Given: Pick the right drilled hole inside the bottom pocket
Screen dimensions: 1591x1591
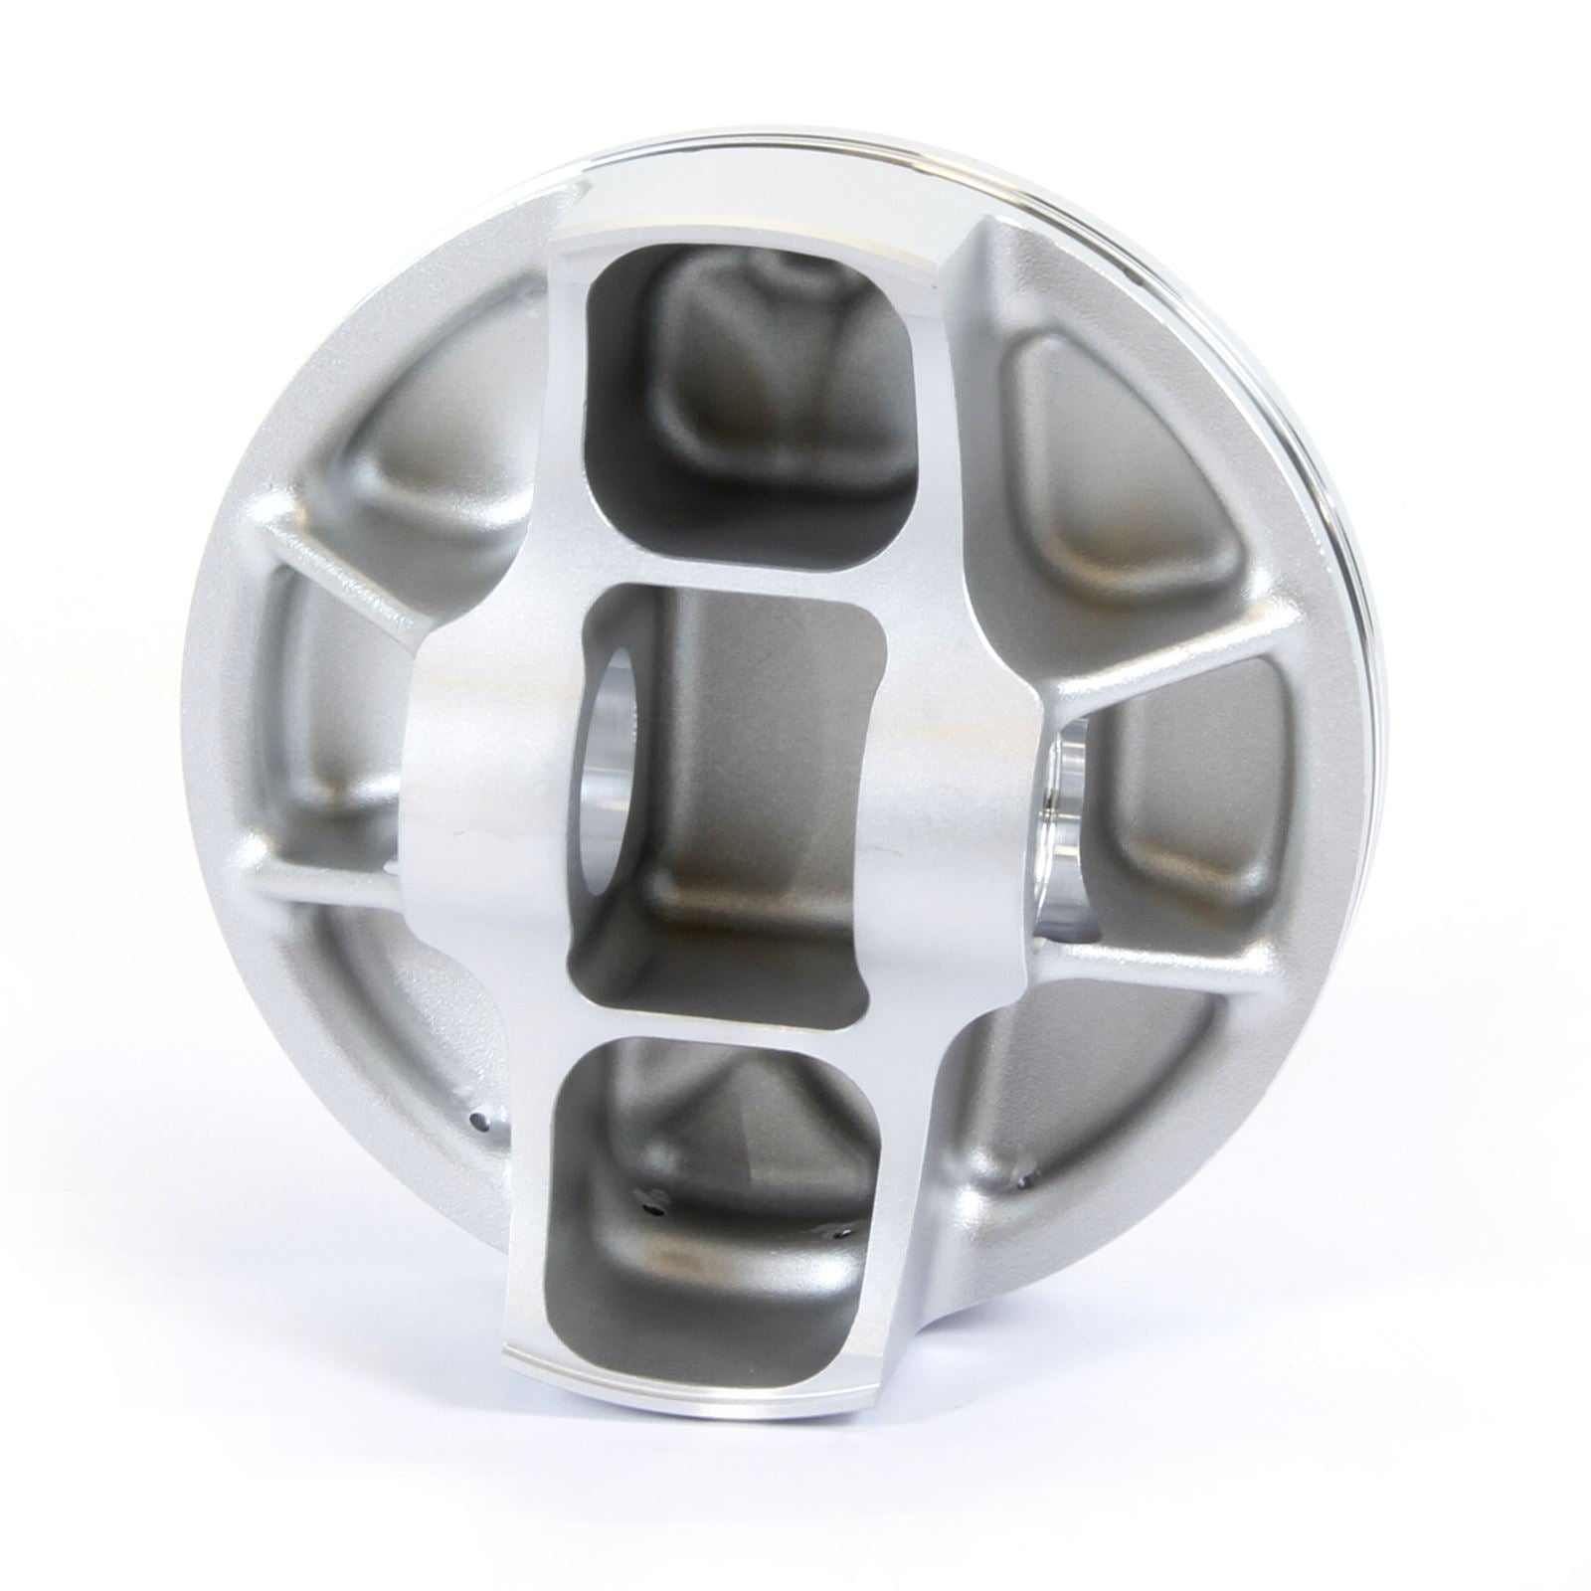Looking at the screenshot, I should [838, 1234].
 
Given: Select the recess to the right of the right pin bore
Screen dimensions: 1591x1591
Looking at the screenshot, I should [1188, 805].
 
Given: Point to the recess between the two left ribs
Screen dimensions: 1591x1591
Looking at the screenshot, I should [328, 726].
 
